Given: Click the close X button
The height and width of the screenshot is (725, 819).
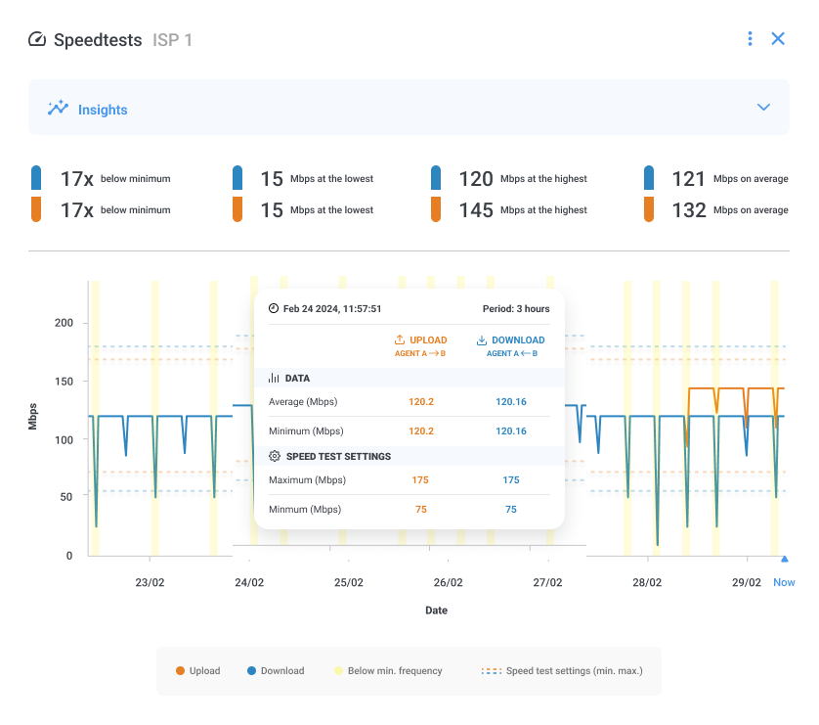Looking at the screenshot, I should coord(778,39).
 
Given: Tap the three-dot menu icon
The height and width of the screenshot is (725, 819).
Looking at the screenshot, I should coord(750,39).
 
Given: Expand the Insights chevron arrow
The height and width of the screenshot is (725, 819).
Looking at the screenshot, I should coord(764,108).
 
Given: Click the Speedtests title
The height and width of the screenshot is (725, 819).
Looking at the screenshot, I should coord(98,40).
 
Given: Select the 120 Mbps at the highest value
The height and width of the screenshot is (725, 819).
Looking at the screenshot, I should coord(476,179).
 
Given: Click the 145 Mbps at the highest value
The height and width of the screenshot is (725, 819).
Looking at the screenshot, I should coord(476,210).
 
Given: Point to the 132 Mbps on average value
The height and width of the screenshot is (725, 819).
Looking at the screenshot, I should coord(689,210).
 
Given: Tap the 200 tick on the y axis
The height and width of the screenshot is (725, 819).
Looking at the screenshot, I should coord(64,323).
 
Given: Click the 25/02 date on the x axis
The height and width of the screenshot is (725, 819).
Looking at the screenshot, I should coord(349,582).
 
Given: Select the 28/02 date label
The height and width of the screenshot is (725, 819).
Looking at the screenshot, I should coord(647,582).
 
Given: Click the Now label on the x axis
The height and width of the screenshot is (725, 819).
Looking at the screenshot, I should coord(784,582).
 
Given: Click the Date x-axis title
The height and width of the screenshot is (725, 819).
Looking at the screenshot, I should coord(436,610).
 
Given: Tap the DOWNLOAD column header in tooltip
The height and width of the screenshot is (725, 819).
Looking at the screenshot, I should coord(510,340).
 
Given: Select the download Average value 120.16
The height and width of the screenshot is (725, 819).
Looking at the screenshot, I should coord(511,402).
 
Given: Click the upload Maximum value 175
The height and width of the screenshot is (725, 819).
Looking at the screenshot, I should coord(420,480).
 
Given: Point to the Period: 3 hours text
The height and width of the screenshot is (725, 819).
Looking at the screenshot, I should coord(516,309).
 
